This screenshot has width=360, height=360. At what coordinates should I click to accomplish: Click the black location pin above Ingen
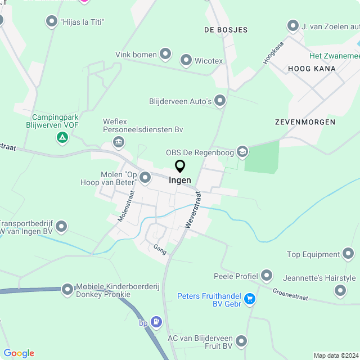tap(180, 166)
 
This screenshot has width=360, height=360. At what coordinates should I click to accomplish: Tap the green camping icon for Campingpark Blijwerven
tap(62, 137)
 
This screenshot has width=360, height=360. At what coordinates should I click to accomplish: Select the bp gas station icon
tap(156, 322)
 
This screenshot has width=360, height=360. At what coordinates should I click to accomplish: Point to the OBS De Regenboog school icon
tap(242, 151)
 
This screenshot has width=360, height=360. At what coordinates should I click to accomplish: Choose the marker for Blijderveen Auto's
tap(220, 101)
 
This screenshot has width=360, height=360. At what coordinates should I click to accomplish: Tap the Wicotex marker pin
tap(186, 60)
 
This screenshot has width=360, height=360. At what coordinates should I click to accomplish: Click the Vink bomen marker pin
tap(165, 54)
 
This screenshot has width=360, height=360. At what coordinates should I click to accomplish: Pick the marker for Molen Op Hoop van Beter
tap(145, 178)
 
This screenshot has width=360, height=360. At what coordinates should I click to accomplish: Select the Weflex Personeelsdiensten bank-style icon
tap(119, 142)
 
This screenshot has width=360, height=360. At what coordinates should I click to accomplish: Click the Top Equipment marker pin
tap(349, 254)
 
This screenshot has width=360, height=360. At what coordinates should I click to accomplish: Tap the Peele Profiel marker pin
tap(266, 276)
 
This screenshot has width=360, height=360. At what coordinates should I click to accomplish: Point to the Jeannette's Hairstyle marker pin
tap(340, 290)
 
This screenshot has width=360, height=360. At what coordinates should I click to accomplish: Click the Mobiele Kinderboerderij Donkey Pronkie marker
tap(67, 289)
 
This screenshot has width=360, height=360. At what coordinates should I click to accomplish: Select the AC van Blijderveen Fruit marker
tap(241, 341)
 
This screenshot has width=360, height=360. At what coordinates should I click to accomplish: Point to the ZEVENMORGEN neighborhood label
tap(305, 121)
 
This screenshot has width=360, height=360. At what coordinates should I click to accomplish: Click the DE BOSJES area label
tap(226, 30)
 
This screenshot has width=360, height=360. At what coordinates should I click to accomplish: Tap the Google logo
tap(19, 353)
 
